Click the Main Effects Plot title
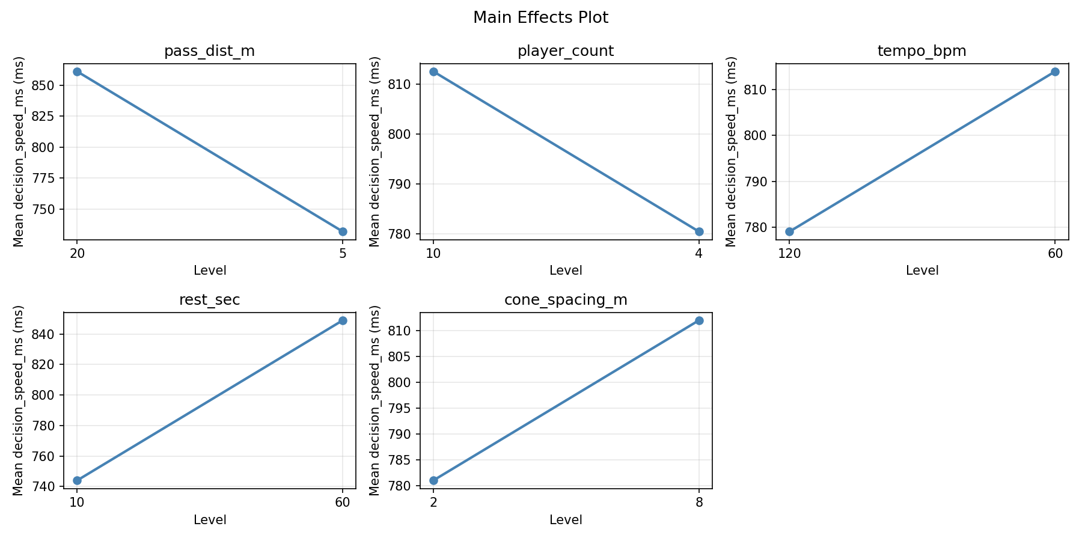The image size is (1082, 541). coord(540,18)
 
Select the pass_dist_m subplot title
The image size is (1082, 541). coord(209,51)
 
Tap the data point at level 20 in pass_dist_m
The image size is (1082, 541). coord(77,72)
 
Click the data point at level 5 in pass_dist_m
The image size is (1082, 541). coord(343,231)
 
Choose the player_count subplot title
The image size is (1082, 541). coord(566,51)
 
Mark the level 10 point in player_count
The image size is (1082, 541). coord(433,72)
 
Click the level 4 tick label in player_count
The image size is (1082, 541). coord(698,253)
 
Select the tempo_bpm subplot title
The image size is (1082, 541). coord(922,51)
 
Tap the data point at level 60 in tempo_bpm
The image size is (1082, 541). coord(1055,72)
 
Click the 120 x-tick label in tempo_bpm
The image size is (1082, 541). coord(789,253)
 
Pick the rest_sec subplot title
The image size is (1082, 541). coord(209,300)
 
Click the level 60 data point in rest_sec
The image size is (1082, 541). coord(343,320)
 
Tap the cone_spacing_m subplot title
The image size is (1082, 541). coord(566,300)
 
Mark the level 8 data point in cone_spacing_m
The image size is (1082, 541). coord(699,320)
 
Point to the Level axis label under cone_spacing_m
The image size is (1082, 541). coord(566,520)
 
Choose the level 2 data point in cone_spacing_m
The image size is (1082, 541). coord(433,480)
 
